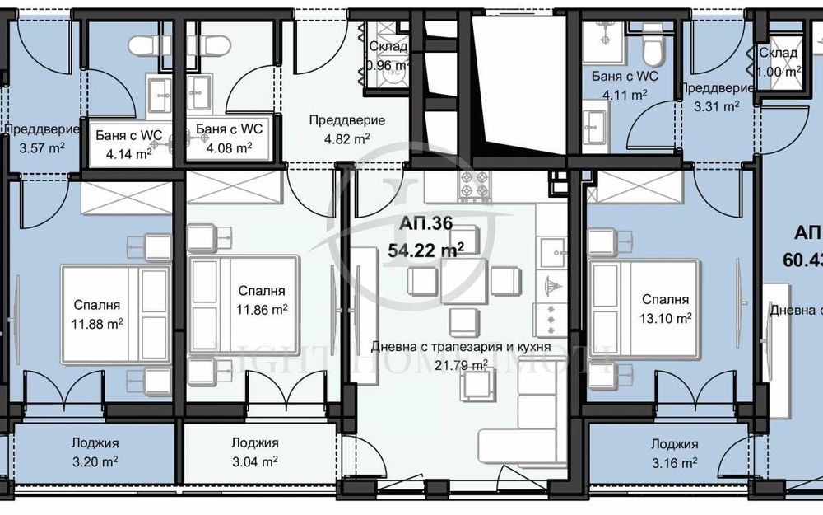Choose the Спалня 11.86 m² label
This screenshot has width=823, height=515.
click(262, 301)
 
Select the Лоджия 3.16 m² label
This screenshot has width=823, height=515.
click(673, 452)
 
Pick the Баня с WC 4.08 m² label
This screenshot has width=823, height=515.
click(230, 138)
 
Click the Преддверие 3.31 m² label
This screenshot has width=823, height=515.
click(715, 96)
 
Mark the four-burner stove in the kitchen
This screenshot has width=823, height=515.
click(475, 187)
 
